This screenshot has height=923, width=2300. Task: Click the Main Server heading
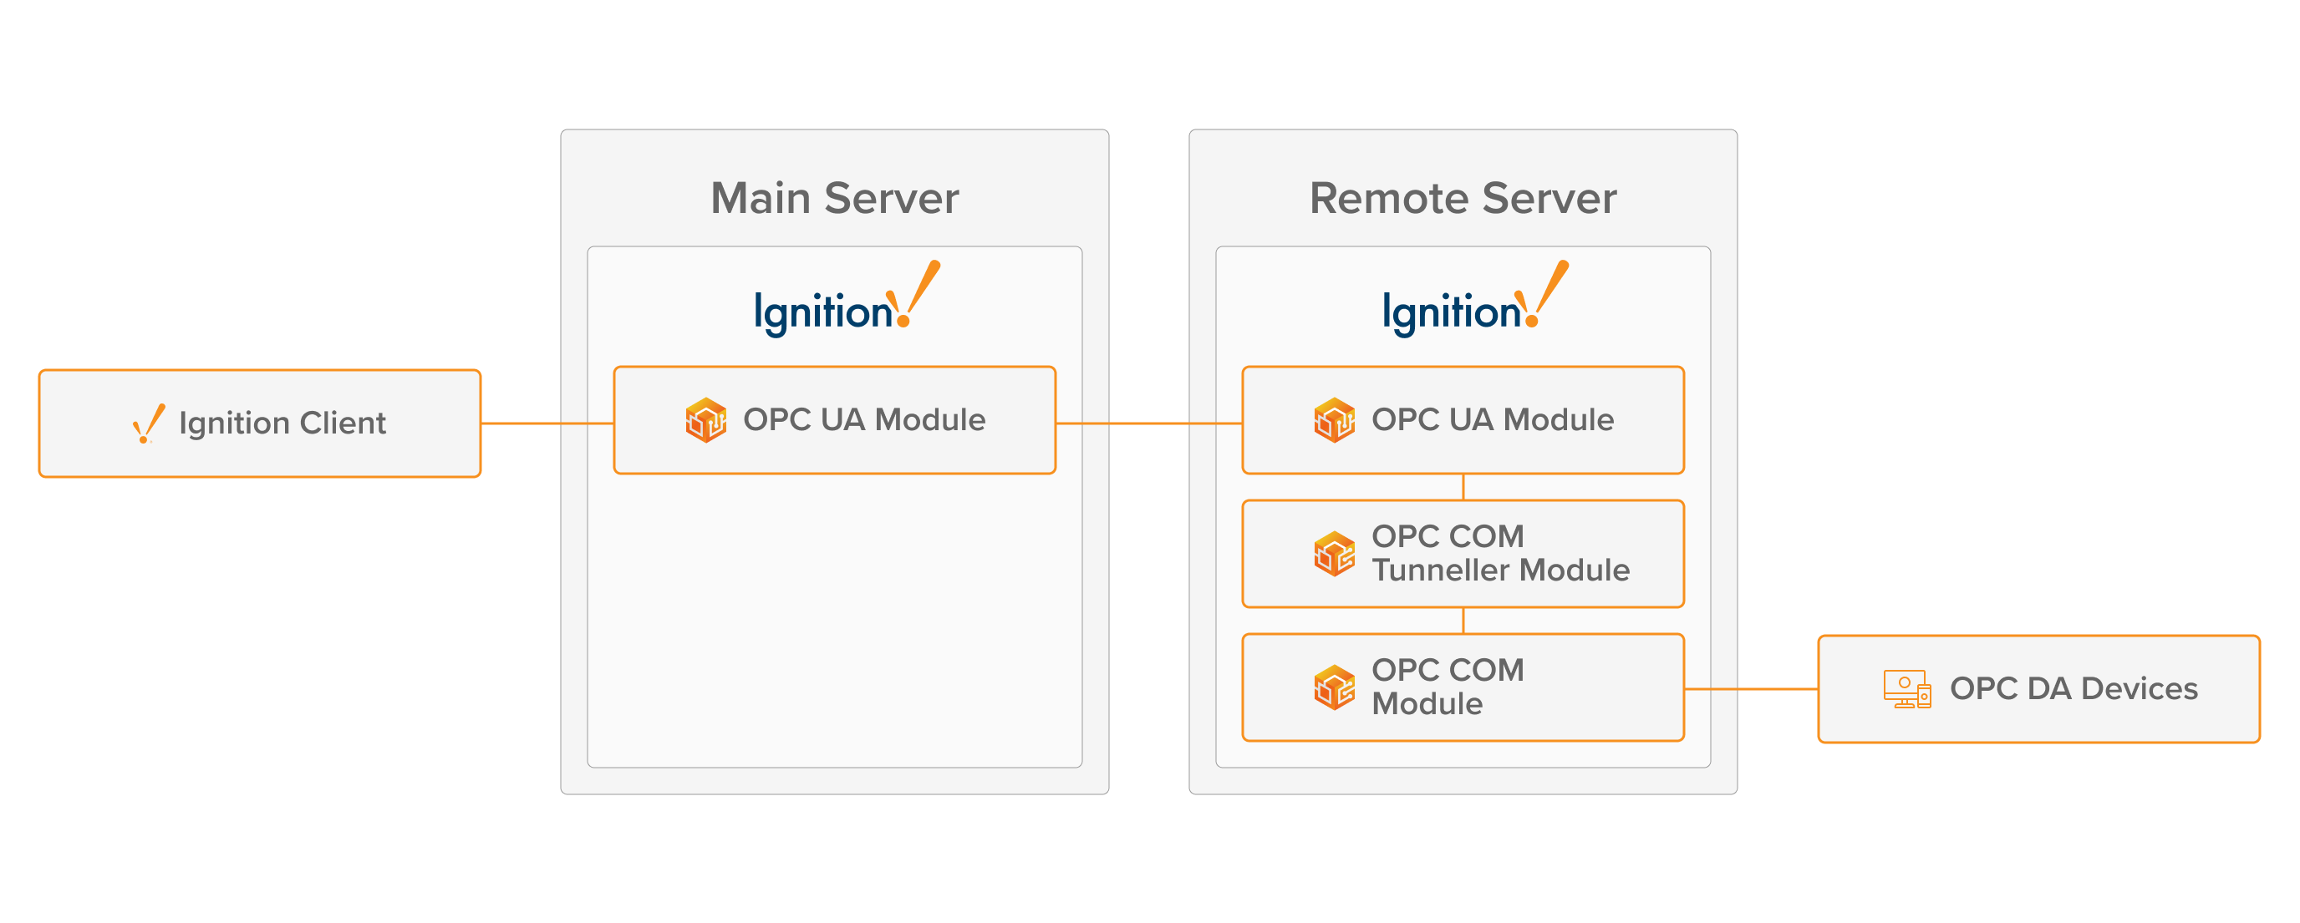pos(834,198)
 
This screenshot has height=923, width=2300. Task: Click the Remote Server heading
pos(1463,198)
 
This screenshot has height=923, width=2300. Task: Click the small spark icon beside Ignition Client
pos(148,424)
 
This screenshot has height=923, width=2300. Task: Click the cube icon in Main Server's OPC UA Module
pos(705,419)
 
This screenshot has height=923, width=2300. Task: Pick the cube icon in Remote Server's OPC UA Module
pos(1334,419)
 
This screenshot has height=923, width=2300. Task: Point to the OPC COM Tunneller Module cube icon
pos(1334,554)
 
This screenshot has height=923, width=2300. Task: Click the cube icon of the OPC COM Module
pos(1334,687)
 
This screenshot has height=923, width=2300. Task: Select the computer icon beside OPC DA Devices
pos(1906,689)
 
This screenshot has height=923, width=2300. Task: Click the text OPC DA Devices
pos(2074,689)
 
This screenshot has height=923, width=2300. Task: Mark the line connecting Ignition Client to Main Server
pos(547,423)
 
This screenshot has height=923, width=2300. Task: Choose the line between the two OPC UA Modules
pos(1148,423)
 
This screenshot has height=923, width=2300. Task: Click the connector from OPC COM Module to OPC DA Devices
pos(1750,689)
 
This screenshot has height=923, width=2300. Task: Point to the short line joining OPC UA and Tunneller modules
pos(1463,487)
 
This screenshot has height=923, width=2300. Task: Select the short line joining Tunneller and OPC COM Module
pos(1463,621)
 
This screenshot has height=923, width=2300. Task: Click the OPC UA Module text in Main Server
pos(864,419)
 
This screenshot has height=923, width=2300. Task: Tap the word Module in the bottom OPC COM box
pos(1427,704)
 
